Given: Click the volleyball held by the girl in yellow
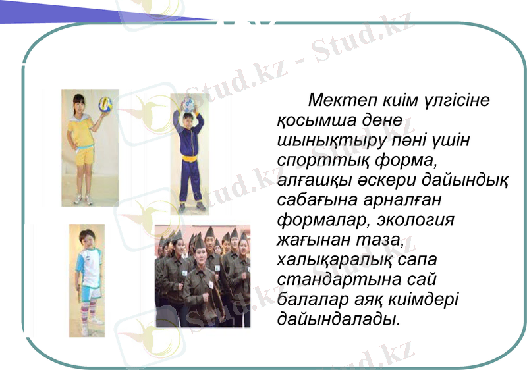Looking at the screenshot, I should (x=105, y=104).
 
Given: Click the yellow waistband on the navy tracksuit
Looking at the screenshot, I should (x=190, y=157).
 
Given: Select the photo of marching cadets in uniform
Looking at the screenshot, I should (x=203, y=276).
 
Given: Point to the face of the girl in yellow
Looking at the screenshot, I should (x=81, y=104).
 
